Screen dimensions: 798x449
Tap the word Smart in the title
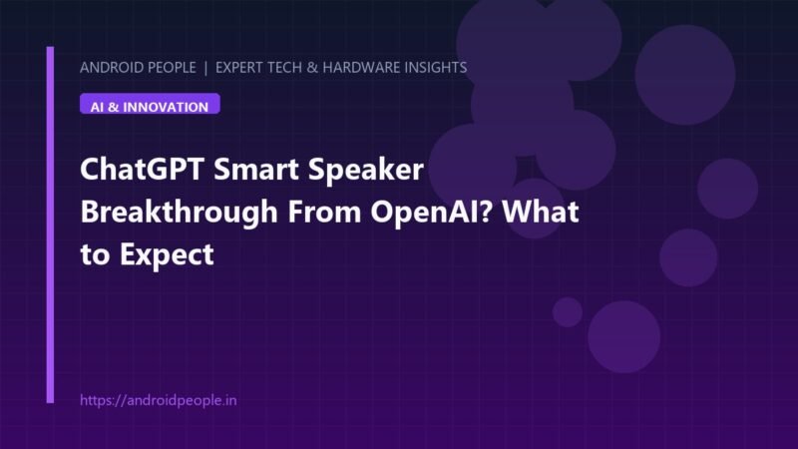coord(255,169)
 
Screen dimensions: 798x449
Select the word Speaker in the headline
coord(366,171)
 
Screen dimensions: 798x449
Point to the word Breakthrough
coord(180,213)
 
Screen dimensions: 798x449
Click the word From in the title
coord(325,213)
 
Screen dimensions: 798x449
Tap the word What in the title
coord(541,212)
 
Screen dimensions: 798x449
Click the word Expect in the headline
coord(167,255)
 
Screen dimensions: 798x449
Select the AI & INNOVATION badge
coord(150,104)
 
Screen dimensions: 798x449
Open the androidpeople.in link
coord(159,400)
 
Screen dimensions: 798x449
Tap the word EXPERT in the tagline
coord(240,68)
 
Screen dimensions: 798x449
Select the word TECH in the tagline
coord(286,68)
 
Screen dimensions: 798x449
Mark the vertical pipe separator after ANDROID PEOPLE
coord(205,68)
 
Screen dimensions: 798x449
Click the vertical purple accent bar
coord(50,225)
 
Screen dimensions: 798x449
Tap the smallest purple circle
coord(568,312)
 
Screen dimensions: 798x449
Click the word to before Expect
coord(95,254)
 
